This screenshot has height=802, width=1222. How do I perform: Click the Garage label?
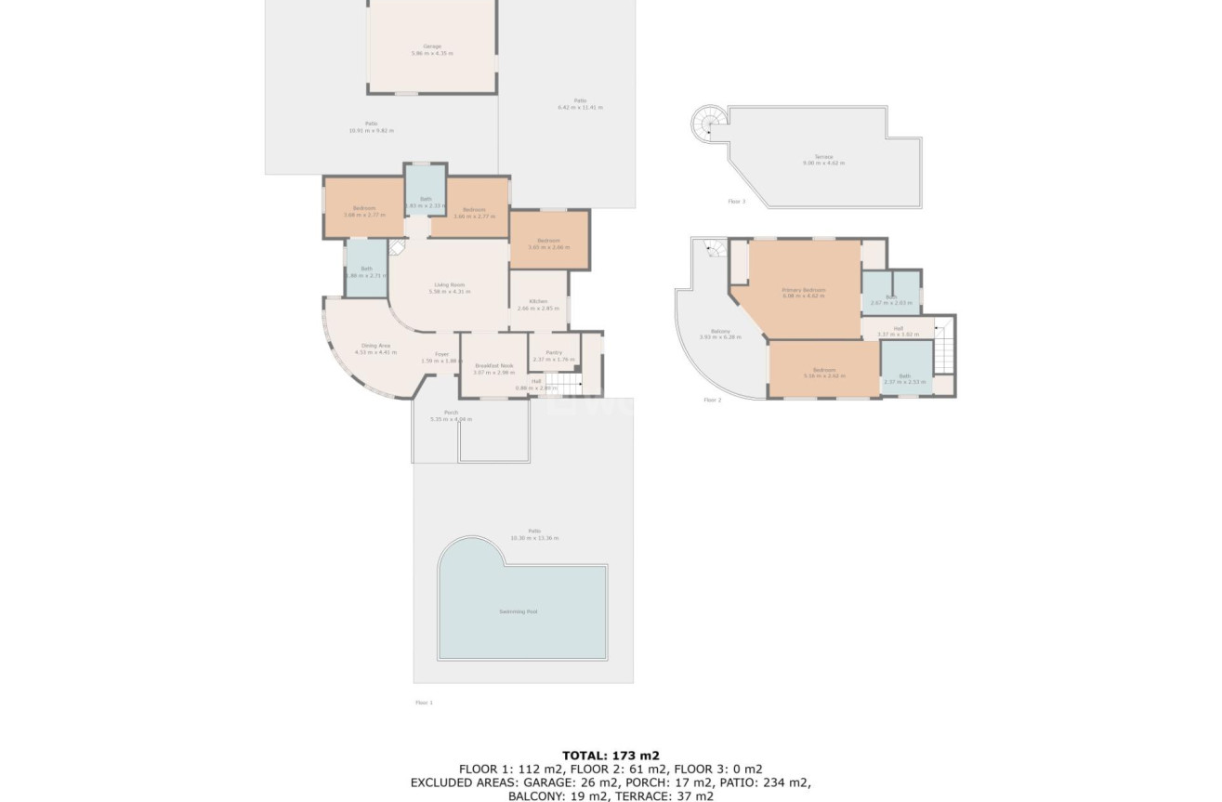pos(432,46)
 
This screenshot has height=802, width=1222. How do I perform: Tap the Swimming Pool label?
pos(519,611)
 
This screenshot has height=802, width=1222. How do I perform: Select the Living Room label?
pos(450,284)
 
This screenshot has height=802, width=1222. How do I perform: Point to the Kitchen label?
pos(538,301)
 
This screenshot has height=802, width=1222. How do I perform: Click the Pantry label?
pos(554,352)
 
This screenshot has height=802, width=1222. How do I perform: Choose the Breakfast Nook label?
pos(493,365)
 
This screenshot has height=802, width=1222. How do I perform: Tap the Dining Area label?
pos(376,345)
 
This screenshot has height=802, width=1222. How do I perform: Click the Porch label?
pos(451,413)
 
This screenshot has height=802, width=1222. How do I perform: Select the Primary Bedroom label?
pos(804,290)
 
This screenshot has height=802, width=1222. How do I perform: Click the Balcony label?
pos(720,331)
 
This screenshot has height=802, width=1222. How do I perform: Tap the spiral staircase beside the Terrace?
pos(706,121)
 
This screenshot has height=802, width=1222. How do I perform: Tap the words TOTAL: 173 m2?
pos(611,756)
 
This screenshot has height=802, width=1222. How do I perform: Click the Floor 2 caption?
pos(712,400)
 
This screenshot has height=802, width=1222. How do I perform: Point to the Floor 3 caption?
pos(737,201)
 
